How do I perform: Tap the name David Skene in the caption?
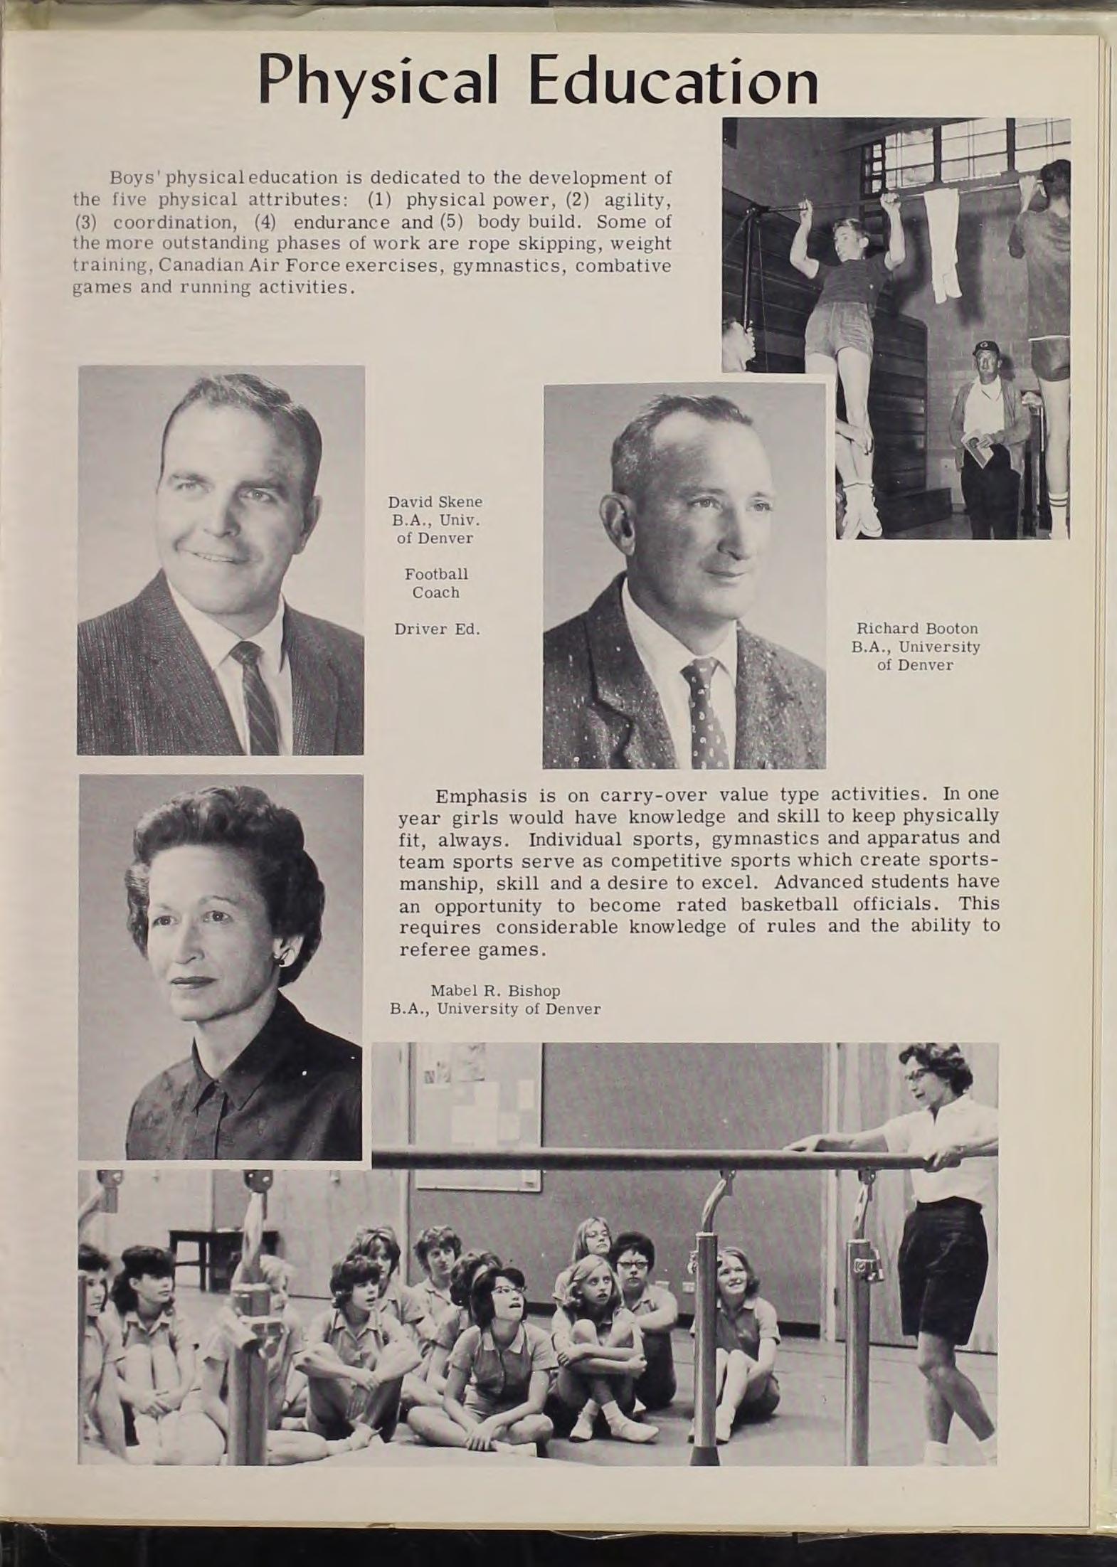tap(435, 501)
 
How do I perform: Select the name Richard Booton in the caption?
tap(916, 629)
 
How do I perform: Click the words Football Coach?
tap(435, 583)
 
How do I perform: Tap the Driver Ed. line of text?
tap(436, 630)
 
